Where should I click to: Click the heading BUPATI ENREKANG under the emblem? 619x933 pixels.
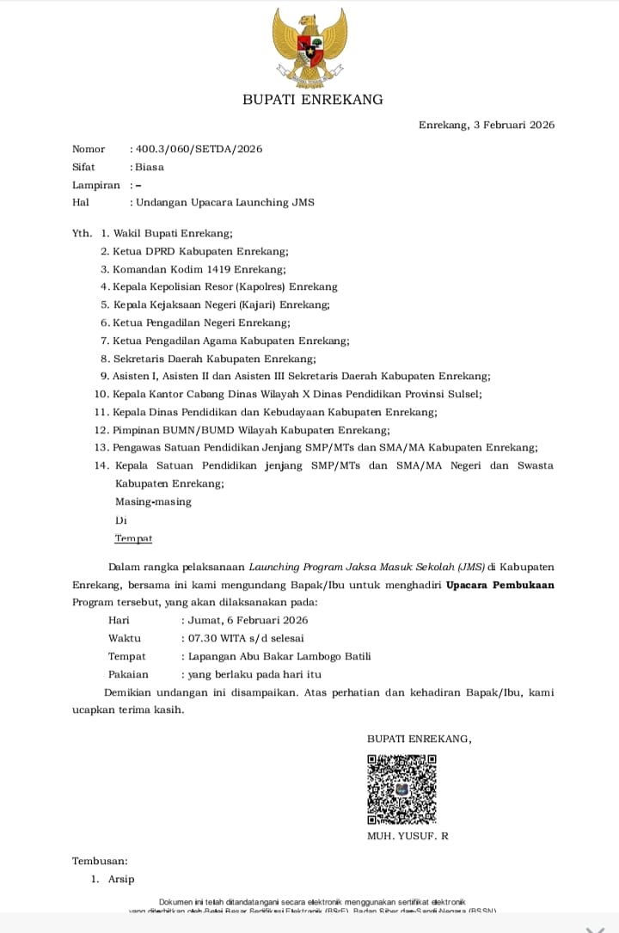pos(313,100)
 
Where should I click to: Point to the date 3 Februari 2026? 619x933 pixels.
pos(514,125)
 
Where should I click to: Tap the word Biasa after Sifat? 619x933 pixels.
pos(150,167)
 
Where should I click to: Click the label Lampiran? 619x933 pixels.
pos(96,185)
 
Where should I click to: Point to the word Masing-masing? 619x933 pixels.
pos(153,501)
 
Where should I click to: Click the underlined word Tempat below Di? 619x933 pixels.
pos(133,538)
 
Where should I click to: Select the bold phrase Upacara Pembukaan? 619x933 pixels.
pos(500,585)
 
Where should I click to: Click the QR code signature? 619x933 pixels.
pos(401,789)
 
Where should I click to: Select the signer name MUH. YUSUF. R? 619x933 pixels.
pos(408,836)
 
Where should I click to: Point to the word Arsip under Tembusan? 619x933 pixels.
pos(121,879)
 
